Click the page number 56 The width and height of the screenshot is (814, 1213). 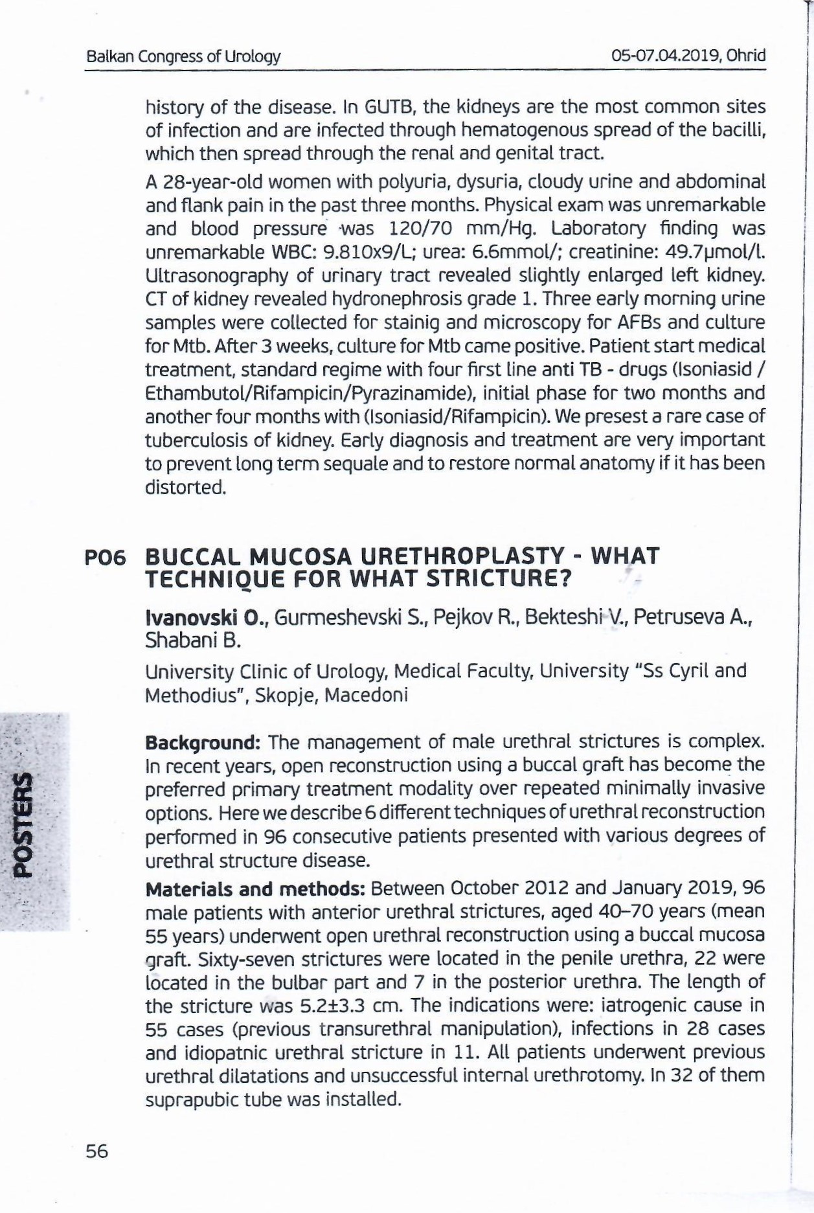(x=97, y=1151)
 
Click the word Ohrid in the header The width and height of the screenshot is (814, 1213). (x=747, y=56)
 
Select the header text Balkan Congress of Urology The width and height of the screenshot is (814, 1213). (x=184, y=56)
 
